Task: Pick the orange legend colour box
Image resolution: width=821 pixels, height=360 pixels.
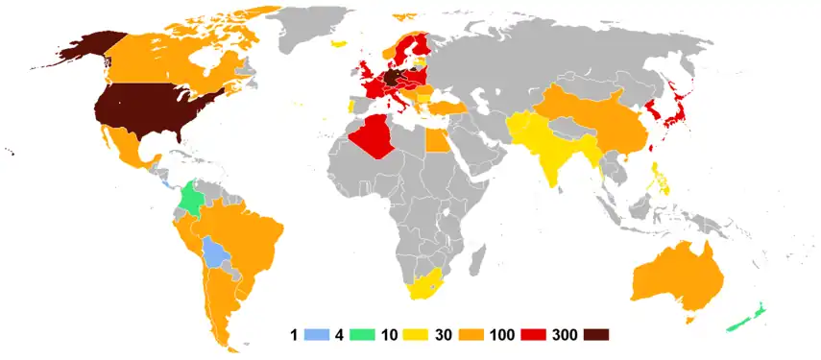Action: pyautogui.click(x=481, y=335)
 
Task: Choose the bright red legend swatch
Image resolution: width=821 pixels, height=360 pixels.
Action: pyautogui.click(x=536, y=335)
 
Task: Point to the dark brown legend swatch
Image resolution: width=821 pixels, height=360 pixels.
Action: pyautogui.click(x=594, y=335)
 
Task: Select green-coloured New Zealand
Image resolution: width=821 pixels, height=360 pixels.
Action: pyautogui.click(x=752, y=314)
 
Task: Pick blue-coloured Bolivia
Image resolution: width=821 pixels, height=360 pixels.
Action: pyautogui.click(x=215, y=253)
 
